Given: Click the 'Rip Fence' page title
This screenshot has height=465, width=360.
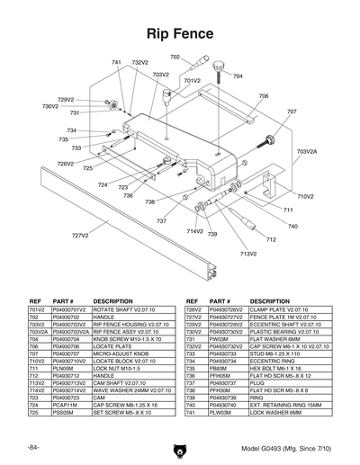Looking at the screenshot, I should click(x=180, y=34).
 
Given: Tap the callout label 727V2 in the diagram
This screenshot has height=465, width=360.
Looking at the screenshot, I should click(x=80, y=236).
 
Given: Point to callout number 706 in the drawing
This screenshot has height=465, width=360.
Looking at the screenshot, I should click(x=264, y=95).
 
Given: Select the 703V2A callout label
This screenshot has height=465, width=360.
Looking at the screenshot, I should click(x=307, y=153).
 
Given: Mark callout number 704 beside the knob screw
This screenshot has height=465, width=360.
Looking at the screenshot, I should click(x=238, y=76).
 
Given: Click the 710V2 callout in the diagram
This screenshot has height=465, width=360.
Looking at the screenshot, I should click(x=305, y=196).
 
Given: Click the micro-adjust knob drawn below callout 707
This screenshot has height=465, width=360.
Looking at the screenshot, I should click(x=269, y=140).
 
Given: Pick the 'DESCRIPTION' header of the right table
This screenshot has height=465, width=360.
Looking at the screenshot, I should click(x=270, y=300).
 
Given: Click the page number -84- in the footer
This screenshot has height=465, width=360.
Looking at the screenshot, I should click(x=32, y=447).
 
